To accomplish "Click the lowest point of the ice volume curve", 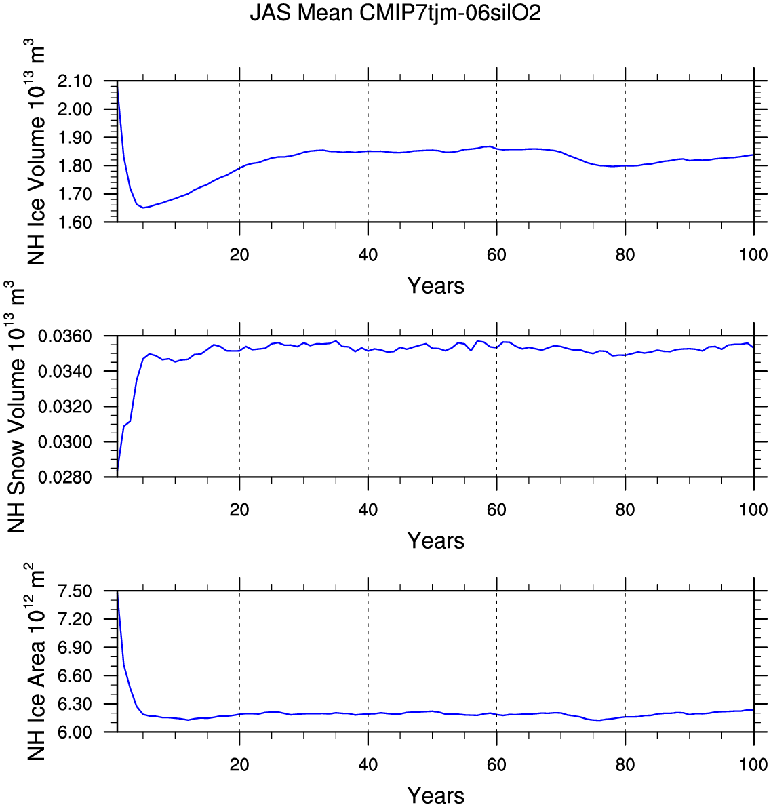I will pos(143,208).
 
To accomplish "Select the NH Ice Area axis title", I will pos(37,662).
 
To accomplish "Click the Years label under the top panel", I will pos(436,286).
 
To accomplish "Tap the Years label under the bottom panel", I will pos(436,795).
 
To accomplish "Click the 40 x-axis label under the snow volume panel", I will pos(368,510).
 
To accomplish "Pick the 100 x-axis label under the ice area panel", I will pos(753,765).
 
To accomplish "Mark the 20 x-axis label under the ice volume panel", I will pos(239,255).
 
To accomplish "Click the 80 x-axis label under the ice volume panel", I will pos(625,255).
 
